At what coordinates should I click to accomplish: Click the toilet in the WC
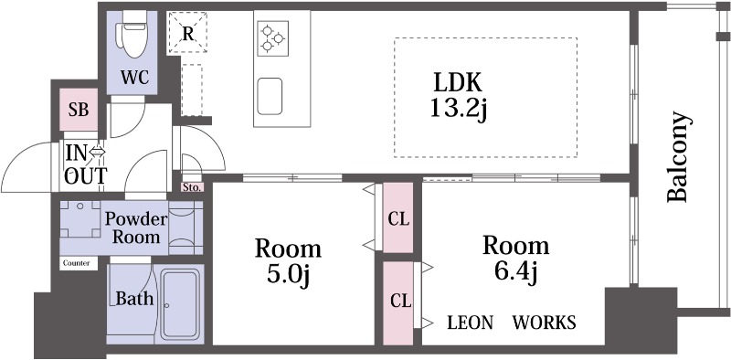(132, 34)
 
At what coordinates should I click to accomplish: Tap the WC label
(134, 78)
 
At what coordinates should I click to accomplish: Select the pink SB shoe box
(79, 110)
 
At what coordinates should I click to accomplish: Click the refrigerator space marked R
(187, 33)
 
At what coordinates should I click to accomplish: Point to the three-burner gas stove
(272, 38)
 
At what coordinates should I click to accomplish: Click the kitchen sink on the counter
(270, 96)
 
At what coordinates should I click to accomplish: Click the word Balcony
(677, 156)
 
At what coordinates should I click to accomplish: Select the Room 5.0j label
(288, 262)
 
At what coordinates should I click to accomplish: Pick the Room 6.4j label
(515, 259)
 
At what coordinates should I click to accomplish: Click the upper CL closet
(397, 217)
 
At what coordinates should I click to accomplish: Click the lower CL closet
(397, 303)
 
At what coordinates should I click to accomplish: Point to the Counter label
(77, 263)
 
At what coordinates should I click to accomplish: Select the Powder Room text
(136, 228)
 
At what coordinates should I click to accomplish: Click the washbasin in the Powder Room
(80, 219)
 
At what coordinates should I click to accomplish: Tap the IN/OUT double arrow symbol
(98, 152)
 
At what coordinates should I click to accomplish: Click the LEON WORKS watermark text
(512, 323)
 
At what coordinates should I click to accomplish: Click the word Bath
(134, 298)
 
